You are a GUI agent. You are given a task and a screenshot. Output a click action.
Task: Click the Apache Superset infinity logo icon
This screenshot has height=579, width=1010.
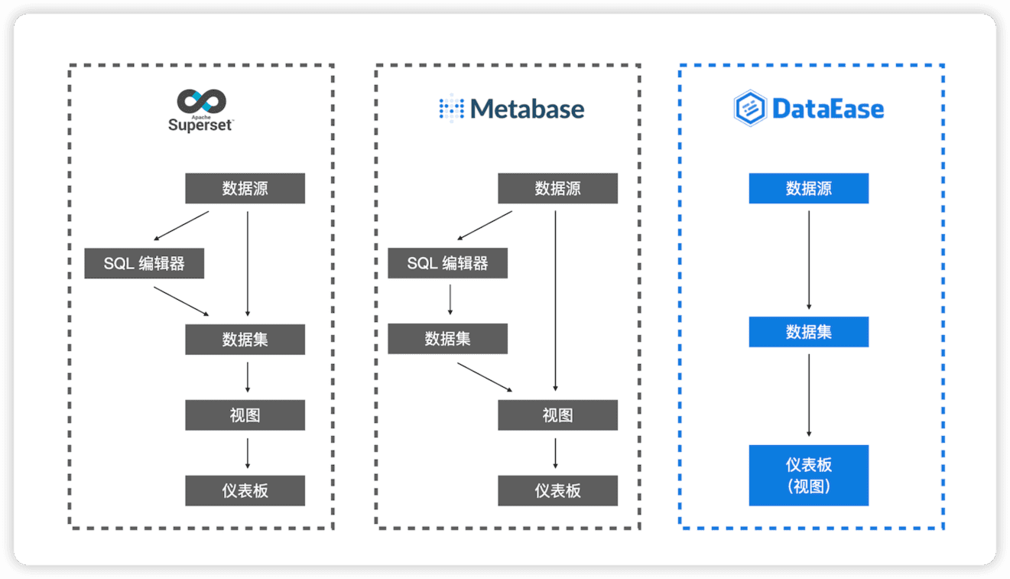point(202,102)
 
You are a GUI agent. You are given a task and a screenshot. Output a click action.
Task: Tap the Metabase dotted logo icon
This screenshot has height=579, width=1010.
point(451,109)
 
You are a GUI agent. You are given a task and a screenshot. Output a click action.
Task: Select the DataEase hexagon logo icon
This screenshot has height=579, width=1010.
point(749,109)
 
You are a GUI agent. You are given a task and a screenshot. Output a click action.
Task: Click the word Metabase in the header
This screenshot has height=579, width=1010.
point(528,109)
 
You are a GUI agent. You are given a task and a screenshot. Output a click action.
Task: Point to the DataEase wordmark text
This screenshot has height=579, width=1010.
point(828,109)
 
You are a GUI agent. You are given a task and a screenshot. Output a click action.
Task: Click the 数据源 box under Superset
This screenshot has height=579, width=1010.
point(245,188)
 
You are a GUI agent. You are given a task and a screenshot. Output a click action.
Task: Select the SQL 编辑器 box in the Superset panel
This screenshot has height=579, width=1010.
point(144,264)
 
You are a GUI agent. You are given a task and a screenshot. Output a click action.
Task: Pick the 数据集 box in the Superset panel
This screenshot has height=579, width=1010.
point(245,340)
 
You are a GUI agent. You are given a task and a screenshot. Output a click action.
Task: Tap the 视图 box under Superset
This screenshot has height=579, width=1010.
point(245,415)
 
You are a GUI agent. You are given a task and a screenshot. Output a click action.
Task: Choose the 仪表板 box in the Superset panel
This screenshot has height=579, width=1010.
point(245,490)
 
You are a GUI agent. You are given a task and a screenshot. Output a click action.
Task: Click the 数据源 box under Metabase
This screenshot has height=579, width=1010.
point(557,188)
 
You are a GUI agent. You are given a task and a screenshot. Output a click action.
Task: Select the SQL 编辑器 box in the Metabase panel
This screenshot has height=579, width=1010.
point(447,263)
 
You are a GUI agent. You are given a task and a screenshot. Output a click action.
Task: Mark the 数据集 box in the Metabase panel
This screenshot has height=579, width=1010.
point(447,339)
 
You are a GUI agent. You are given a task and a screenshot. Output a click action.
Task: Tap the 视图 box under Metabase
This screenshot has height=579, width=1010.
point(557,415)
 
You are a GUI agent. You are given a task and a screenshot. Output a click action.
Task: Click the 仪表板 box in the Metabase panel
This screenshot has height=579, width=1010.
point(557,490)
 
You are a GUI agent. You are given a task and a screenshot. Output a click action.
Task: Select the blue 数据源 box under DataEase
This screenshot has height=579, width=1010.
point(808,188)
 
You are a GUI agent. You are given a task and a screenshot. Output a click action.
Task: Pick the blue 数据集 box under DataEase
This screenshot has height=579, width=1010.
point(808,331)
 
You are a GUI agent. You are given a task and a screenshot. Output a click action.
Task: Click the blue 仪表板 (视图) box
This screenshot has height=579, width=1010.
point(808,475)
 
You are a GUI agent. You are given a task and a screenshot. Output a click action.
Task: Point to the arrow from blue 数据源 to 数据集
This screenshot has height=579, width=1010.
point(809,260)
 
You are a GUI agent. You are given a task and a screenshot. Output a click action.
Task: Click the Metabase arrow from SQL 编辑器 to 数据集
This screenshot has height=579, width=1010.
point(450,300)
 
